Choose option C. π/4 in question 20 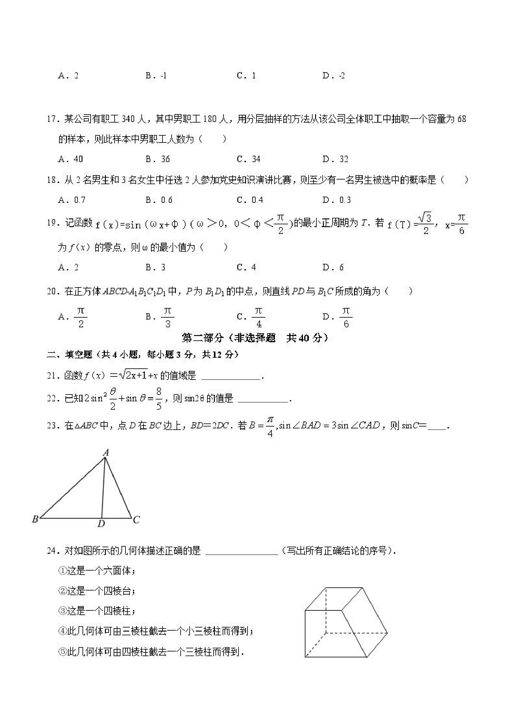coord(251,316)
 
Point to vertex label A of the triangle coord(106,453)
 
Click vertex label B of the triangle coord(35,519)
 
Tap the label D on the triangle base coord(101,524)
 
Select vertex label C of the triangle coord(136,520)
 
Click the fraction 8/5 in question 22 coord(159,398)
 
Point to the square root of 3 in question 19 coord(425,218)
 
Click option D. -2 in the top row coord(333,76)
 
